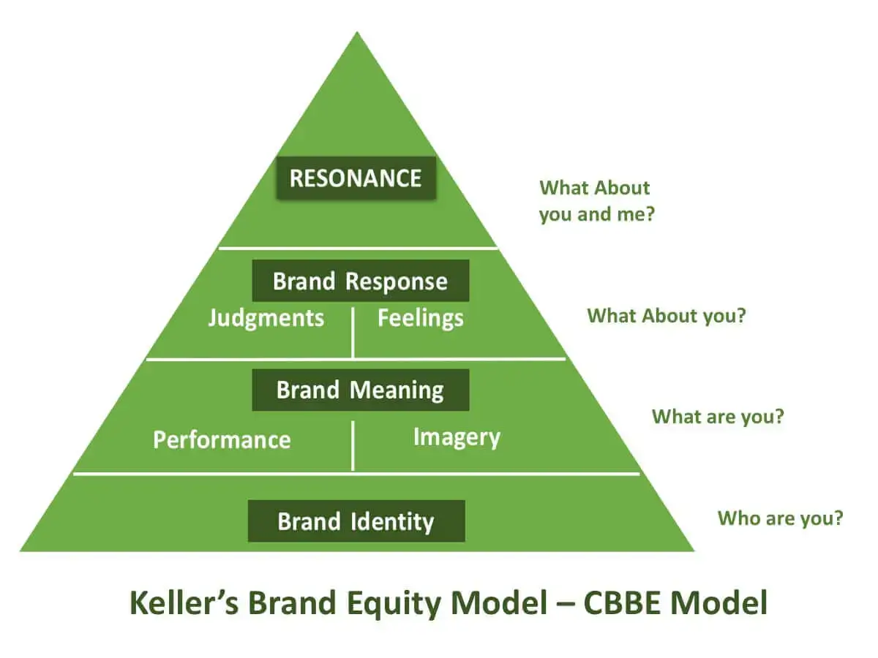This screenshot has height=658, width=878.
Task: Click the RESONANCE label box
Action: (x=356, y=178)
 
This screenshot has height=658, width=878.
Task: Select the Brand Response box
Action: (x=360, y=281)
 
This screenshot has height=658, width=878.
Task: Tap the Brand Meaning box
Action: (x=360, y=390)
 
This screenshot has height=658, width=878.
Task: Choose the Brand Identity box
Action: (x=356, y=521)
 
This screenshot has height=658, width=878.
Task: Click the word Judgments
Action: (x=266, y=318)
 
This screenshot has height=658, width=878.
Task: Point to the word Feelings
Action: (x=420, y=318)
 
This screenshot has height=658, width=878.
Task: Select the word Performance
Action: (x=222, y=439)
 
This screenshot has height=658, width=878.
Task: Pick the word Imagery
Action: (x=457, y=437)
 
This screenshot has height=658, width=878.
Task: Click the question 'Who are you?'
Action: (x=780, y=518)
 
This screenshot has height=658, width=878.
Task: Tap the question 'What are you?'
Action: (x=718, y=417)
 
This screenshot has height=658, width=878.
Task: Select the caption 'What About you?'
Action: (x=666, y=316)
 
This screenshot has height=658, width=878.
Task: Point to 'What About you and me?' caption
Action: (x=596, y=201)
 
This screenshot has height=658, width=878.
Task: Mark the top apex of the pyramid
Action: (x=357, y=33)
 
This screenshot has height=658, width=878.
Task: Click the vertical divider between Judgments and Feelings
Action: (x=353, y=333)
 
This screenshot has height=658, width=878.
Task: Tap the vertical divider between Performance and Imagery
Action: (x=353, y=445)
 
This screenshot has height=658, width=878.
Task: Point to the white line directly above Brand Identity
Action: (x=356, y=474)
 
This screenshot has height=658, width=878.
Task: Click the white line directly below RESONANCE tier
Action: (x=359, y=248)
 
